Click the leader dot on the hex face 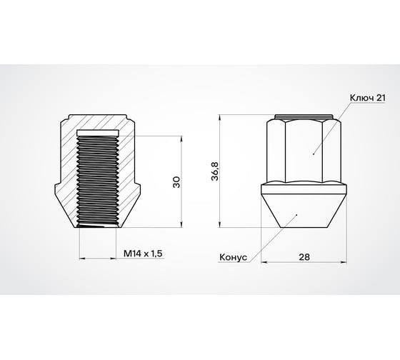point(314,152)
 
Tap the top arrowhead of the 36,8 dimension point(222,116)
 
